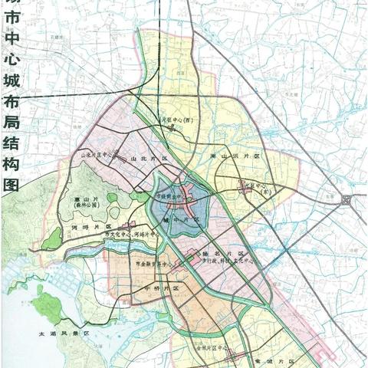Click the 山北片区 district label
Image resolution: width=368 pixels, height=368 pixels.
click(x=143, y=159)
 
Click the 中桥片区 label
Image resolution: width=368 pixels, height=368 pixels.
click(x=144, y=288)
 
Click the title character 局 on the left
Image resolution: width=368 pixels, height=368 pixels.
click(x=11, y=126)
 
